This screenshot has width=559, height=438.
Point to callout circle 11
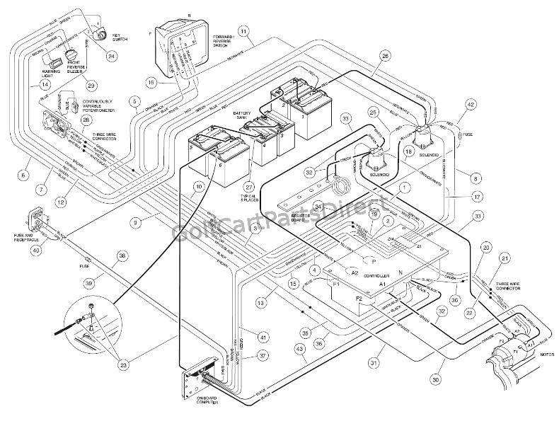click(x=243, y=32)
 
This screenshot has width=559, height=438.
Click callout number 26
click(x=385, y=56)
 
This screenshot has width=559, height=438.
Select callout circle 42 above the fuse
click(x=468, y=105)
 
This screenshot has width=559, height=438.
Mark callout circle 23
click(x=124, y=365)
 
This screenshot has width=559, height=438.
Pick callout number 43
click(x=301, y=348)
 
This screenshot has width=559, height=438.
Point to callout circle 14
click(x=25, y=84)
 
